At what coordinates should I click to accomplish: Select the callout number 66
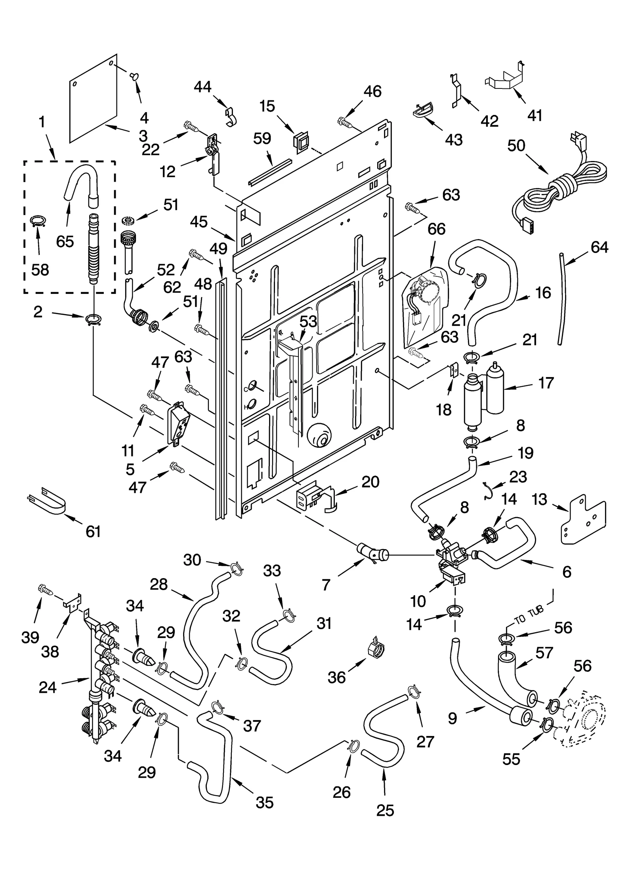click(x=436, y=229)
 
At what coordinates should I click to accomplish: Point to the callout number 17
click(x=545, y=383)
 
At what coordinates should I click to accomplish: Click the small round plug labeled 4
click(x=134, y=76)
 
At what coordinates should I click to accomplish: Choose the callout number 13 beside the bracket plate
click(x=539, y=499)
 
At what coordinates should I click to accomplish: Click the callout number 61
click(x=93, y=531)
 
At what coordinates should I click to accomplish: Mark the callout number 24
click(x=48, y=687)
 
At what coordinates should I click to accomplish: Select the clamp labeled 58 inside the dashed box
click(x=38, y=220)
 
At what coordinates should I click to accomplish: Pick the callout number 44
click(x=202, y=87)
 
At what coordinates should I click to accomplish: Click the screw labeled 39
click(x=45, y=589)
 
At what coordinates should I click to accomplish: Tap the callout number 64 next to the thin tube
click(x=599, y=247)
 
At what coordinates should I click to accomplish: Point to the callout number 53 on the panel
click(x=308, y=321)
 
